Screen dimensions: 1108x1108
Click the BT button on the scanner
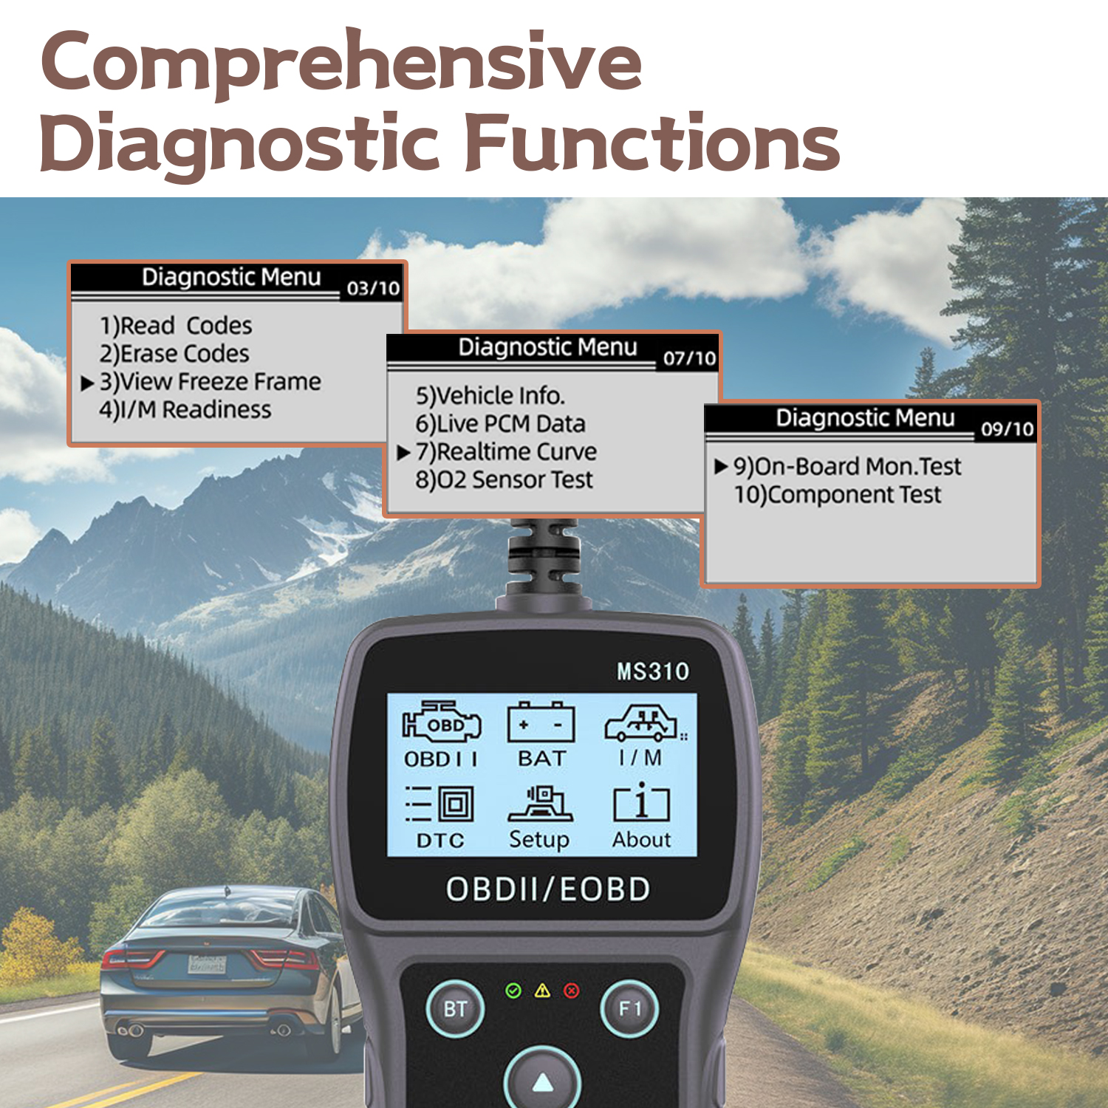pos(455,1009)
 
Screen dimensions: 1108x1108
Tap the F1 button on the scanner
pos(629,1009)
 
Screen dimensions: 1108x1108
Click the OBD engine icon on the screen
pos(442,722)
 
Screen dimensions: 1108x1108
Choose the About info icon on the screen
pos(641,803)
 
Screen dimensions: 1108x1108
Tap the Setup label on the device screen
pos(539,840)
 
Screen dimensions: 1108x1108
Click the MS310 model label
pos(653,671)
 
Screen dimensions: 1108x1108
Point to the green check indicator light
pos(513,991)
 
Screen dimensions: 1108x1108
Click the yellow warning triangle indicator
pos(542,991)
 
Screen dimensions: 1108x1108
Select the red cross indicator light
pos(572,991)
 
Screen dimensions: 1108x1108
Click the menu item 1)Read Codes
pos(176,326)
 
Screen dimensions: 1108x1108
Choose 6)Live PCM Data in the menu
pos(500,424)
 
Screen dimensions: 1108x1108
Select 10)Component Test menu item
pos(837,494)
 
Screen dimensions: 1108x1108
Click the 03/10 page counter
pos(373,288)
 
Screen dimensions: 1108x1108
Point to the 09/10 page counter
pos(1007,429)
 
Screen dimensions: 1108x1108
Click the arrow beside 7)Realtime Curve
pos(403,453)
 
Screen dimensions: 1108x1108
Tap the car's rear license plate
pos(207,963)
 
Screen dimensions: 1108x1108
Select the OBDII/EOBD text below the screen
pos(547,889)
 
